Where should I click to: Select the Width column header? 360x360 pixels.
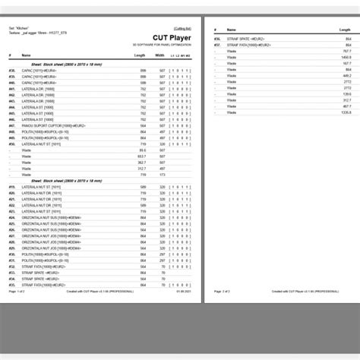pyautogui.click(x=159, y=55)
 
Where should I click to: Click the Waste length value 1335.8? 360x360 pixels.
pyautogui.click(x=346, y=112)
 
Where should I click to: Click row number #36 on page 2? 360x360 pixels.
pyautogui.click(x=217, y=38)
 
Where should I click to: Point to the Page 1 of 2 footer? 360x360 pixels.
pyautogui.click(x=17, y=291)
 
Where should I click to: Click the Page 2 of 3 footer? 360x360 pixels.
pyautogui.click(x=223, y=291)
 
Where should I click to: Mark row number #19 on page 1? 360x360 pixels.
pyautogui.click(x=12, y=187)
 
